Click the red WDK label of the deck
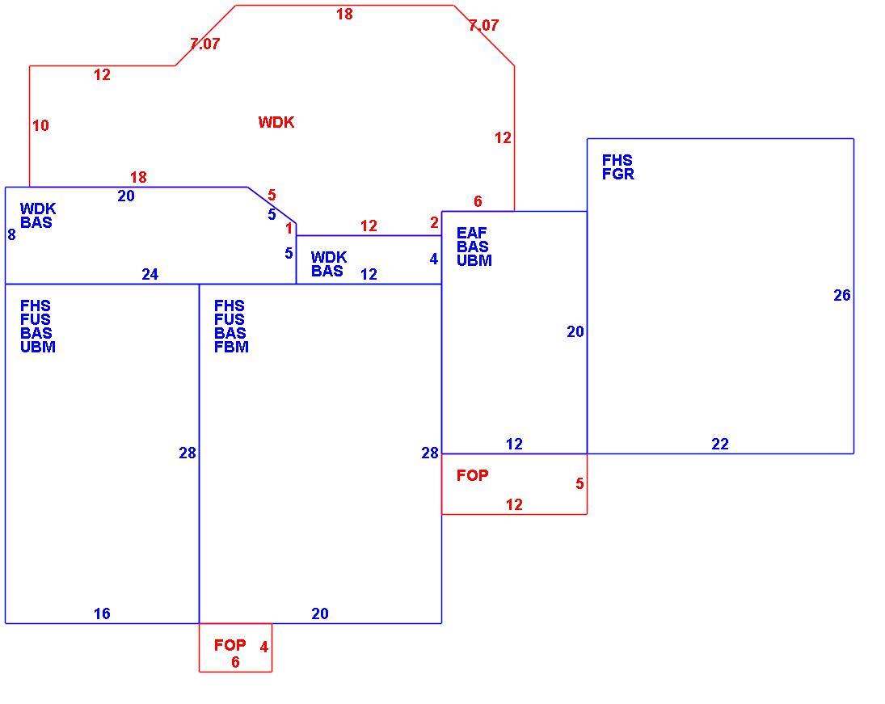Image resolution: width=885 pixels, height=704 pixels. pos(276,123)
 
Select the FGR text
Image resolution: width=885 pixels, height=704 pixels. pos(618,175)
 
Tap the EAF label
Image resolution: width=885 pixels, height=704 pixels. pos(471,233)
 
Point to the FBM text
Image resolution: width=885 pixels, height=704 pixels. pos(231,347)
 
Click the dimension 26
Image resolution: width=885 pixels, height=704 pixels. pos(842,295)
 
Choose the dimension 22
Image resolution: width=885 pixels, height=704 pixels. pos(719,445)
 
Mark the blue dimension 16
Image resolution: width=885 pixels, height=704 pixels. pos(102,613)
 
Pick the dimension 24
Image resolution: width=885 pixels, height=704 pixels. pos(150,274)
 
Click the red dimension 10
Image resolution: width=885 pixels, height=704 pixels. pos(40,125)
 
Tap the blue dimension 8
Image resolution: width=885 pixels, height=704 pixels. pos(11,235)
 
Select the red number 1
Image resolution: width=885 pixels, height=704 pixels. pos(289,229)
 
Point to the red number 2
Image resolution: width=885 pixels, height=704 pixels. pos(434,223)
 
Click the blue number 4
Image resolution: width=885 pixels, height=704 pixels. pos(433,259)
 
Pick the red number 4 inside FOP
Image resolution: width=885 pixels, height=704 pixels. pos(263,647)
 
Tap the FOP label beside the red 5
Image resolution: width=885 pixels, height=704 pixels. pos(473,475)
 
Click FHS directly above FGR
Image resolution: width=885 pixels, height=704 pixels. pos(617,160)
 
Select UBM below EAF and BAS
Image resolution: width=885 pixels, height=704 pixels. pos(474,260)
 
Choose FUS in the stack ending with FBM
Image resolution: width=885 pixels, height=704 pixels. pos(230,319)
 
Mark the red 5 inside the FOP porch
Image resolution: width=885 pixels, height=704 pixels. pos(579,484)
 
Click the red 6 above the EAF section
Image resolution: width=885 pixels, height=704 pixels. pos(478,201)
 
